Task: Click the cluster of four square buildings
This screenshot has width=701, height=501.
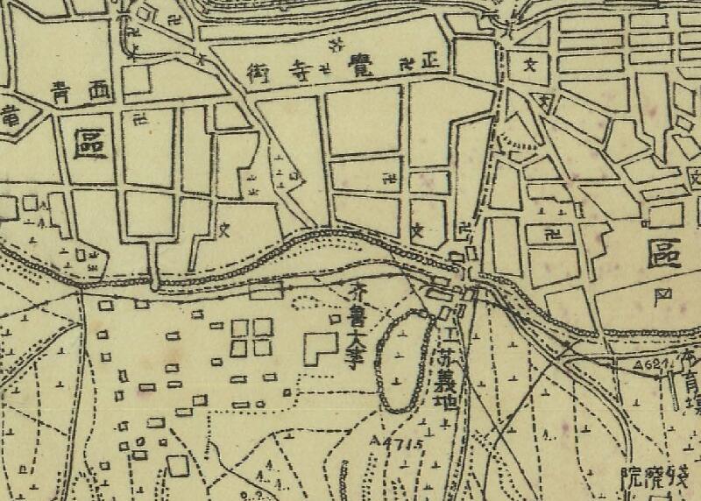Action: click(x=251, y=337)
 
